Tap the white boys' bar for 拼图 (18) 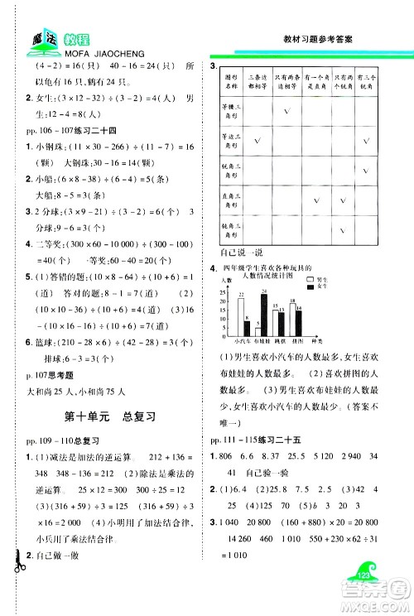tap(294, 320)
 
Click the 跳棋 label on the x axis tap(278, 340)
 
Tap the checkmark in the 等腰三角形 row tap(286, 112)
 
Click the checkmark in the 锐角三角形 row tap(366, 170)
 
